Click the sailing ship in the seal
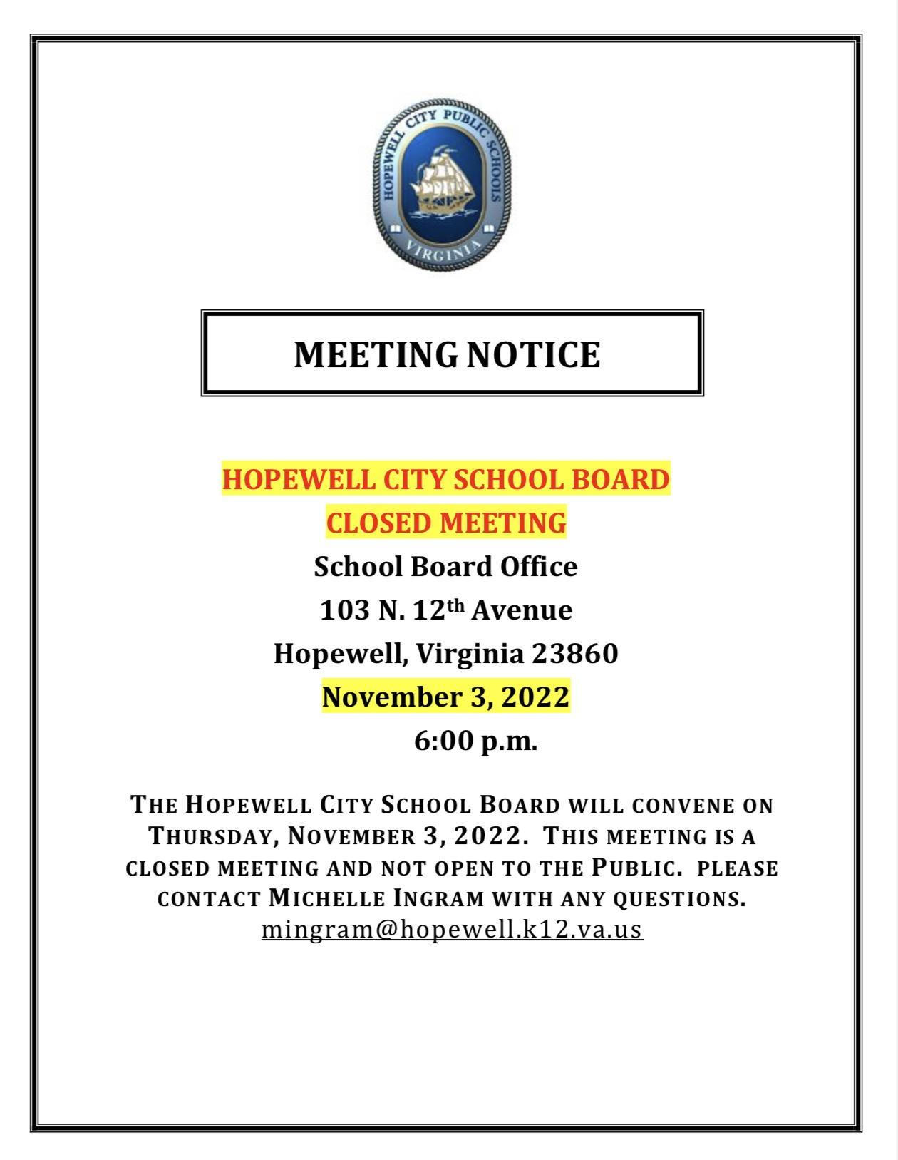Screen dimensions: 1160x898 (x=443, y=181)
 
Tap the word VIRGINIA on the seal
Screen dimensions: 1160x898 (x=443, y=249)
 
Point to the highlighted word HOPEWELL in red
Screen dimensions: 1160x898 (x=298, y=479)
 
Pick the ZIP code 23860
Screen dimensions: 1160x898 (x=575, y=654)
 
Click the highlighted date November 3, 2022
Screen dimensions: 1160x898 (x=446, y=697)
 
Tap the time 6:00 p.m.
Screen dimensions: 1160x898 (x=475, y=741)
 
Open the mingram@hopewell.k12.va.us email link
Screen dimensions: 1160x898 (x=452, y=930)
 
